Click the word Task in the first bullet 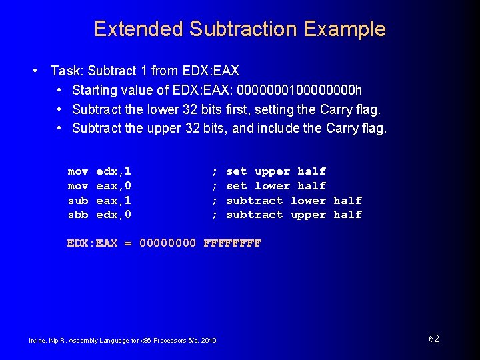65,71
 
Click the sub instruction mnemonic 77,200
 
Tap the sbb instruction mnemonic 77,215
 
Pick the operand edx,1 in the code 113,171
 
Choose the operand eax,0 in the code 113,186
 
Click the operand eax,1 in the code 113,200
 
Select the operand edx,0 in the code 113,215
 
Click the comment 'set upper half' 276,171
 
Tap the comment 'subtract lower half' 294,200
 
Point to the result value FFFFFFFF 232,243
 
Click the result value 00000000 167,243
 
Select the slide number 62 434,339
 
